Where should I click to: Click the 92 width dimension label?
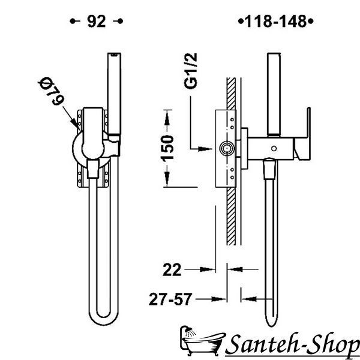(x=97, y=22)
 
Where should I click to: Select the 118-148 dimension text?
(x=276, y=22)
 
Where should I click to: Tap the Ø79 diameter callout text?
(x=51, y=91)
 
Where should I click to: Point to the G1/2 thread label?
(x=191, y=71)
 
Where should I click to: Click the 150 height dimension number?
(x=167, y=148)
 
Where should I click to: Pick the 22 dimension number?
(x=172, y=270)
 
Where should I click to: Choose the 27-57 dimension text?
(x=170, y=299)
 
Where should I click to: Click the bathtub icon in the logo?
(x=202, y=340)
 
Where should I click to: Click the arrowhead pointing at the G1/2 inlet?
(x=205, y=149)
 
